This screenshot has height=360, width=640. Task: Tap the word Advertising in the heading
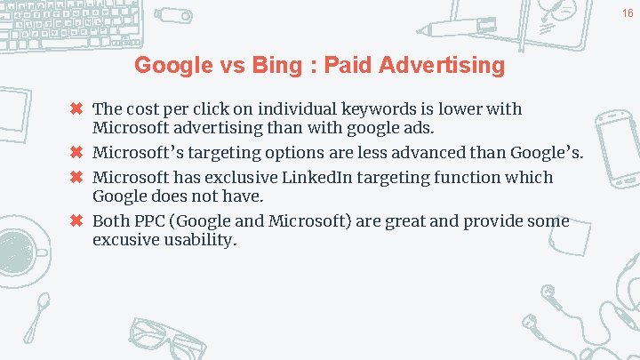441,65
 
